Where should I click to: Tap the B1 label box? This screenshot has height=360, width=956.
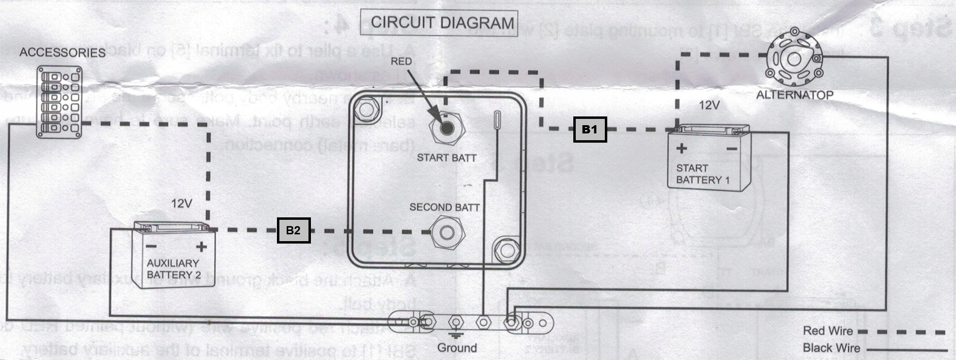pos(590,129)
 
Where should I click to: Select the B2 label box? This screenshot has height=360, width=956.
pos(293,230)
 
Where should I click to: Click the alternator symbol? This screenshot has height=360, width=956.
pos(794,59)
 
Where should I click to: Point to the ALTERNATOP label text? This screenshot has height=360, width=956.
pos(794,95)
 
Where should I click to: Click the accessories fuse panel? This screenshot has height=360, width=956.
pos(60,102)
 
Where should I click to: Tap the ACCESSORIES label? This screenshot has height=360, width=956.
pos(62,52)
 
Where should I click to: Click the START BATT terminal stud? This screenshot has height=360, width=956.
pos(447,129)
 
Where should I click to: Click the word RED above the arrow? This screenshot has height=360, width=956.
pos(401,62)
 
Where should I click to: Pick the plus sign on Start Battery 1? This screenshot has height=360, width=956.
pos(681,148)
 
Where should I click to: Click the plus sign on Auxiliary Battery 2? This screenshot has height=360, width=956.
pos(201,247)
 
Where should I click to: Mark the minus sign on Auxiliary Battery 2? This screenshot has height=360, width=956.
pos(151,246)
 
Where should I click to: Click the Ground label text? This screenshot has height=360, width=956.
pos(457,348)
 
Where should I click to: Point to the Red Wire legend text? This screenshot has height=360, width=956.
pos(827,331)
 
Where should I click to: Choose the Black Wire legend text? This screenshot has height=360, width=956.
pos(831,348)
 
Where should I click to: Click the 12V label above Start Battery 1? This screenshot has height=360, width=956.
pos(709,105)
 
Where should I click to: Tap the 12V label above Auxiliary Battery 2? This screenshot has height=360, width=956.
pos(182,204)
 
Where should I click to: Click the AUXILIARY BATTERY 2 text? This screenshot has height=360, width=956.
pos(174,269)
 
